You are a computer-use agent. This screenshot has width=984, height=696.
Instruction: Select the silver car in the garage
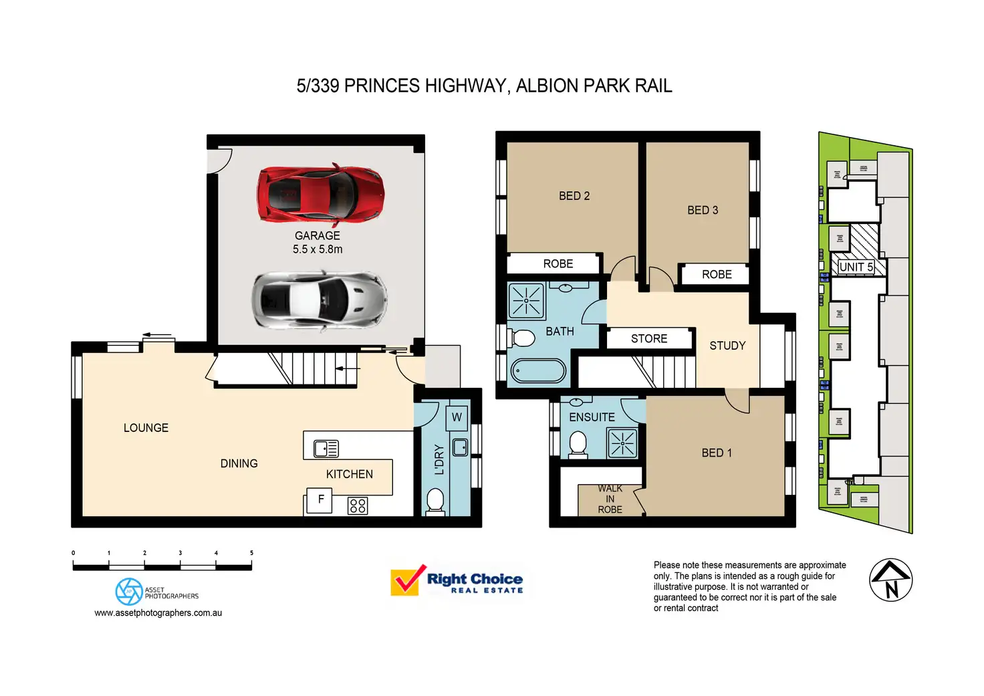319,299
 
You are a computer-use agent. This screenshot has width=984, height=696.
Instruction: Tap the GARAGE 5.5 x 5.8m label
318,243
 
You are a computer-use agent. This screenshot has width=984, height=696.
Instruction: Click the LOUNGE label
146,428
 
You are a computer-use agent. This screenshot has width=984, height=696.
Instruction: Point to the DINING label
239,463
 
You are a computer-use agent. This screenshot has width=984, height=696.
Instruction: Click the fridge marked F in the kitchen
320,499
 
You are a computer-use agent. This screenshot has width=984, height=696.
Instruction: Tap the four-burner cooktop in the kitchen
358,505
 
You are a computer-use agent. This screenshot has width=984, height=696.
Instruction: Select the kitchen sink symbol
326,449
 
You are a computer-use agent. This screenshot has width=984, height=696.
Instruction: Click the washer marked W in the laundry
457,417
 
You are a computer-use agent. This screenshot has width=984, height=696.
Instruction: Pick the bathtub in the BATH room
538,371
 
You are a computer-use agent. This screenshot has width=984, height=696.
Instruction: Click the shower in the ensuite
622,443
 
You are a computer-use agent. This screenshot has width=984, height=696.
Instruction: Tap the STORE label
649,339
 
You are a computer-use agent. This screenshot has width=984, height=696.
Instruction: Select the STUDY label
727,346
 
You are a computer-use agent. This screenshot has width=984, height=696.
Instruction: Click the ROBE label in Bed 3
717,275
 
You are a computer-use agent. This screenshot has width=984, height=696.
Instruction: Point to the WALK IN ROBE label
610,499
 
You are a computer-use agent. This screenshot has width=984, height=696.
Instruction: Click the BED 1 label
717,453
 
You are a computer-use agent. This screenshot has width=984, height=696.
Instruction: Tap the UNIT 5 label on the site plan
856,267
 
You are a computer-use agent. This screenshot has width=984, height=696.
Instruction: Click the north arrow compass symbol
890,580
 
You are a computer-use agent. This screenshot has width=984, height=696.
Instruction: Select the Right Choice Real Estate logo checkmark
407,580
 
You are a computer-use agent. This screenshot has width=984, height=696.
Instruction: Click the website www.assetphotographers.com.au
158,612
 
